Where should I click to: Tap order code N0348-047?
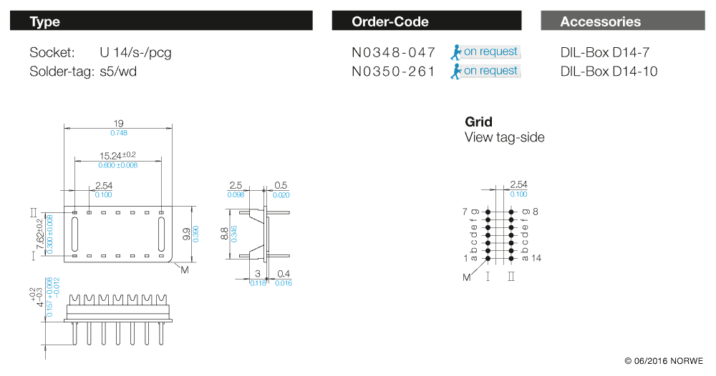[x=393, y=52]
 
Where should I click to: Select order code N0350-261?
[x=393, y=71]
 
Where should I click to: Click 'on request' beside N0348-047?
[x=490, y=51]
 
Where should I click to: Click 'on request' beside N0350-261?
[x=490, y=71]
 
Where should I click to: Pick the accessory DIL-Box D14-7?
[x=604, y=52]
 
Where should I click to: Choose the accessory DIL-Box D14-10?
[x=609, y=71]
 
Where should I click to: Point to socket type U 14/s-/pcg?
[x=135, y=52]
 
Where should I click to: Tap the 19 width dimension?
[x=119, y=124]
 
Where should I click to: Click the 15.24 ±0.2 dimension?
[x=117, y=155]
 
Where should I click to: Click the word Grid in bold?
[x=478, y=122]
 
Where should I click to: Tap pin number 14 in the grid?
[x=536, y=257]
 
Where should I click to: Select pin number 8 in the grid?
[x=535, y=212]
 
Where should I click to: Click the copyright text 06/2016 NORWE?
[x=664, y=360]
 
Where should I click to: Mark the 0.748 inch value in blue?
[x=119, y=134]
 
